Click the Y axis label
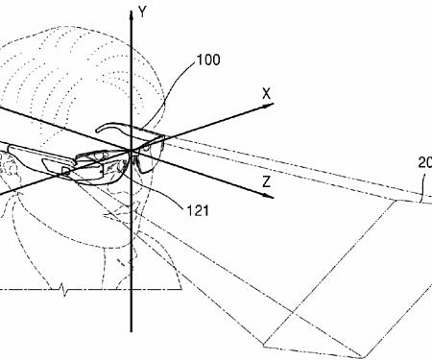coord(142,12)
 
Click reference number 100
coord(206,60)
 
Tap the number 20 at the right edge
coord(423,162)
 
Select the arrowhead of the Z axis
coord(272,198)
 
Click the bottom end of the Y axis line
coord(129,356)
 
